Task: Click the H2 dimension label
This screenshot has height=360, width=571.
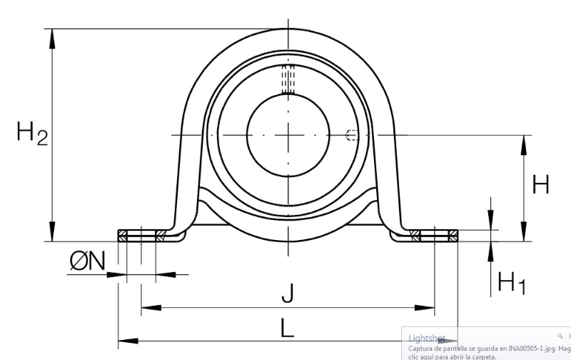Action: coord(32,134)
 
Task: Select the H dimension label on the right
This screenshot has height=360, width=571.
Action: coord(540,184)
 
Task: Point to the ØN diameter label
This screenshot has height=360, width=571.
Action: coord(87,261)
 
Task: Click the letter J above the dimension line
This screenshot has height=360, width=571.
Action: coord(288,294)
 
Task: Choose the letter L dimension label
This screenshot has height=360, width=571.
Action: coord(287,328)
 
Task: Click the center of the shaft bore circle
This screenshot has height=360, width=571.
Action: coord(288,135)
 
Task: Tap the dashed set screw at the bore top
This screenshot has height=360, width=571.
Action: coord(288,79)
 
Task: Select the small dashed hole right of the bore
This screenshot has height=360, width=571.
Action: coord(352,135)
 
